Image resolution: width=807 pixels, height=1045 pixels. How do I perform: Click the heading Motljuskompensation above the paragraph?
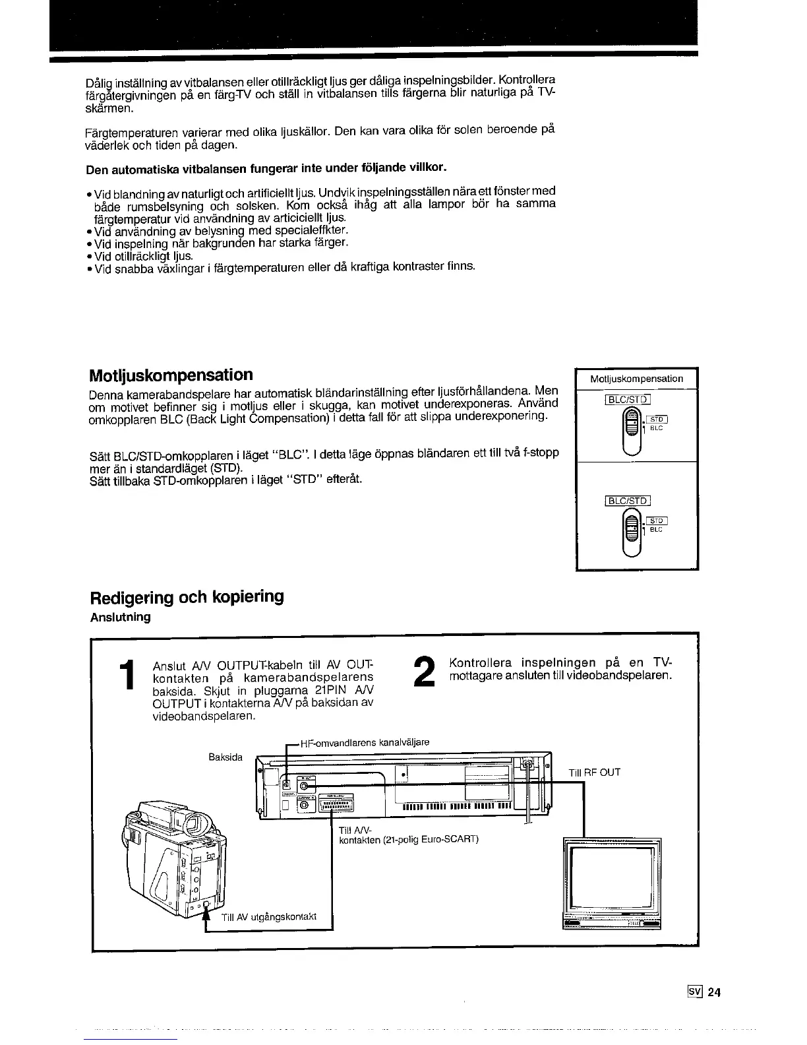[x=171, y=375]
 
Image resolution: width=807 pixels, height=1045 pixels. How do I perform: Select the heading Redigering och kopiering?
[x=187, y=597]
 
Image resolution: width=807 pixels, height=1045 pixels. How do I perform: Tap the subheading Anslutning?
[x=120, y=617]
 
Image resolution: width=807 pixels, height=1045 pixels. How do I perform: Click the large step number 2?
[x=426, y=672]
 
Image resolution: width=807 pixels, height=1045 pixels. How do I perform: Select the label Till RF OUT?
[x=594, y=773]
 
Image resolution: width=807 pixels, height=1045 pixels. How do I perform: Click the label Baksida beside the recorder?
[x=225, y=757]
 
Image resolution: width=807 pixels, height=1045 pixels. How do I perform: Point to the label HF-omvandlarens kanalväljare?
[x=364, y=743]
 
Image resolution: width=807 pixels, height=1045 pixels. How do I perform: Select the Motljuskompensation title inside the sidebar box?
[x=636, y=379]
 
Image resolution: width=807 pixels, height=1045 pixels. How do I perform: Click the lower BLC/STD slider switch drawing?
[x=632, y=531]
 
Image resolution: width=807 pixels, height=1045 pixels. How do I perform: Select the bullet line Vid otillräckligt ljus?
[x=143, y=255]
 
